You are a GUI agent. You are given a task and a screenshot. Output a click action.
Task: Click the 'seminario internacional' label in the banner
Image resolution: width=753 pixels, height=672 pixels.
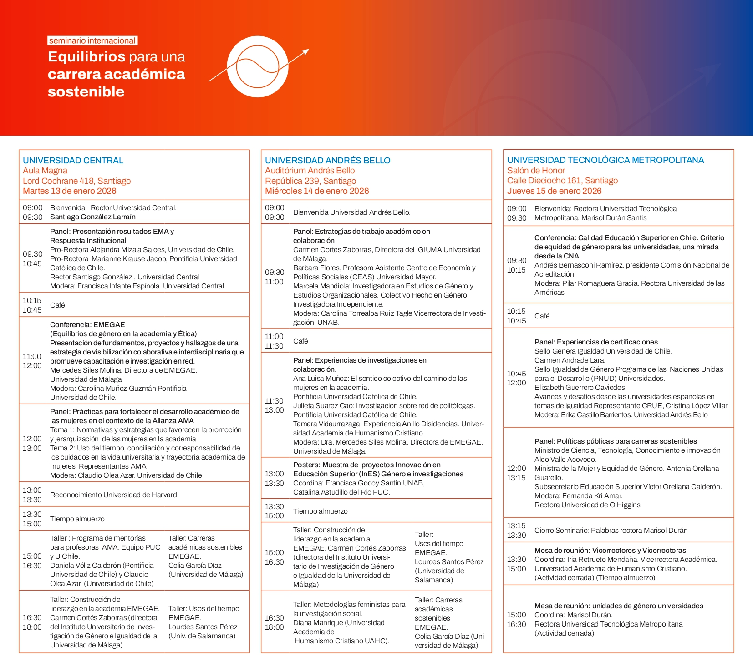[x=92, y=41]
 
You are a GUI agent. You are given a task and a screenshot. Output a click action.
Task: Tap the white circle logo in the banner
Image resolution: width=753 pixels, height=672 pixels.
[x=258, y=66]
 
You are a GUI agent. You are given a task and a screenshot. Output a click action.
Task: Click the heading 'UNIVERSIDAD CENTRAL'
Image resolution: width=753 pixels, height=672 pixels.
[x=73, y=161]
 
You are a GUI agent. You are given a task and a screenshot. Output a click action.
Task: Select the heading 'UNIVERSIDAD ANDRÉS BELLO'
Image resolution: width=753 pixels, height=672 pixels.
[x=327, y=161]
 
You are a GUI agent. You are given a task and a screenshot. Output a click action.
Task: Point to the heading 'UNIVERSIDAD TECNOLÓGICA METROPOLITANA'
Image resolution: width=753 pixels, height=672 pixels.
[x=605, y=160]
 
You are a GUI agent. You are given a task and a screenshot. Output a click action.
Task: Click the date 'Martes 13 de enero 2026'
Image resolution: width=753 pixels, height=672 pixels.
[x=70, y=191]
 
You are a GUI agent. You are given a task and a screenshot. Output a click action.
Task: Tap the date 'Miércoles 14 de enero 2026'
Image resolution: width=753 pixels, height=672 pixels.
[x=317, y=191]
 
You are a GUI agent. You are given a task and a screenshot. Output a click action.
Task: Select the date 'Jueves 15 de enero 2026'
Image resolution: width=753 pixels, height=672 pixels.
[x=554, y=191]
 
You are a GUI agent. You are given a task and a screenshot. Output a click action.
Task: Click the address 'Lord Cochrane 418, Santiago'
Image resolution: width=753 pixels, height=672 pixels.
[x=77, y=181]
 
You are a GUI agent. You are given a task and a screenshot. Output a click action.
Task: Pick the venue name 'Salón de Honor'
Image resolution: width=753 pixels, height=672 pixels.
[x=536, y=171]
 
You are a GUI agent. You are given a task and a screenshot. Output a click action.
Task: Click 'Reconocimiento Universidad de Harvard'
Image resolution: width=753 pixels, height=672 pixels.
[x=113, y=495]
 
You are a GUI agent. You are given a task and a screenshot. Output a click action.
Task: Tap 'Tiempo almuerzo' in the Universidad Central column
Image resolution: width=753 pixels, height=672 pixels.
[x=77, y=519]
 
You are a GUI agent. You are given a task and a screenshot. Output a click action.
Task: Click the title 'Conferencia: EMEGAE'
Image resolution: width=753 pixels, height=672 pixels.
[x=87, y=325]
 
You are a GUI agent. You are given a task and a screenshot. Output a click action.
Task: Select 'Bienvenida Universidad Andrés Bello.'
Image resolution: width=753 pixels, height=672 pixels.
[x=351, y=212]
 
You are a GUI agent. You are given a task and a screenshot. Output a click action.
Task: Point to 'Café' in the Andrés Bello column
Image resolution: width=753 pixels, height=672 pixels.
[x=300, y=341]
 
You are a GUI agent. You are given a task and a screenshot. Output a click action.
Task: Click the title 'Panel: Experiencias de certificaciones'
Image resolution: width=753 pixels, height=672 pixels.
[x=596, y=342]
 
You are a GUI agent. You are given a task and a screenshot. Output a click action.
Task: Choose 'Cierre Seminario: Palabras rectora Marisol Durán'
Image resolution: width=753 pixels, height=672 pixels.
[x=611, y=531]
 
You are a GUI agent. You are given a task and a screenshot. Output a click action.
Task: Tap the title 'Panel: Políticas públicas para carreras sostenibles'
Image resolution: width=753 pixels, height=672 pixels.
[x=616, y=441]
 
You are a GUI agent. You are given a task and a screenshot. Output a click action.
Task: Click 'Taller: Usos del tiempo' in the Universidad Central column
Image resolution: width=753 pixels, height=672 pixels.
[x=204, y=609]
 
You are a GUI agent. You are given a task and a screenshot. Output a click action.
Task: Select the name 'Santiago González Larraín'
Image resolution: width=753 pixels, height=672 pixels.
[x=93, y=217]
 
